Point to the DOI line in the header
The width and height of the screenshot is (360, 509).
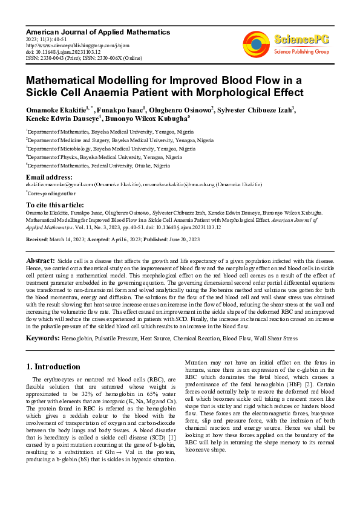(x=59, y=51)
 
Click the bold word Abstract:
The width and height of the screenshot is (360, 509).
(x=41, y=259)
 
